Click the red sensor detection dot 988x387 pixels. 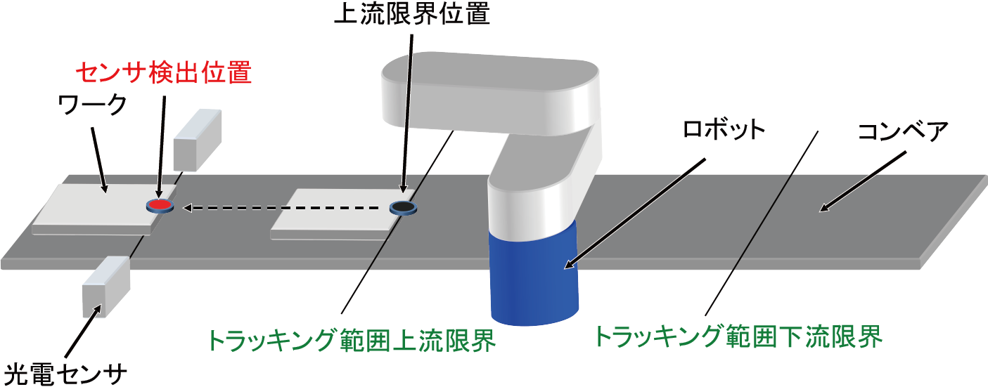coord(160,205)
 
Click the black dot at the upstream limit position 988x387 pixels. coord(403,207)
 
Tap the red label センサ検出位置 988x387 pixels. coord(162,72)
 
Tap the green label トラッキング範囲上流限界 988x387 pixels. coord(352,341)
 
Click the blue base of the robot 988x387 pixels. coord(533,277)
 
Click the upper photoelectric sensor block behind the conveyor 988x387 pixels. coord(197,140)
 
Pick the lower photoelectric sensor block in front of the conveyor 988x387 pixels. coord(106,284)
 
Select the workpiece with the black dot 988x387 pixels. coord(334,214)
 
